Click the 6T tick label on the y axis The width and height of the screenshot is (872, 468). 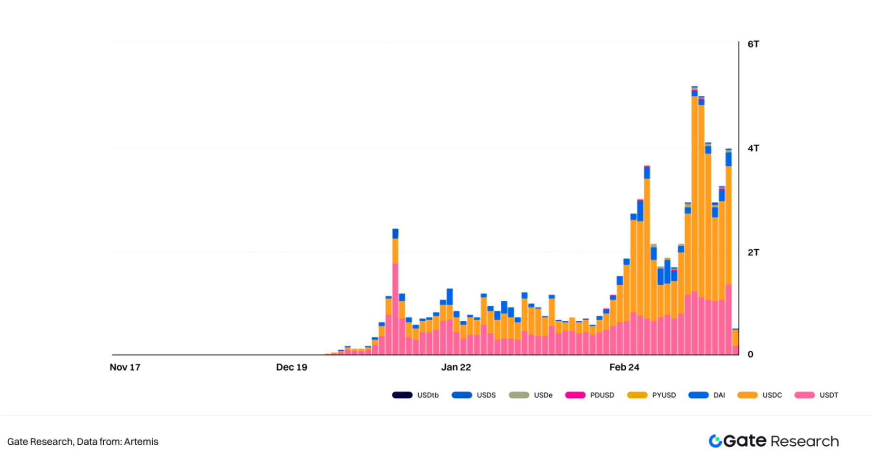point(753,44)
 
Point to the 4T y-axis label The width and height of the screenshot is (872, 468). point(753,148)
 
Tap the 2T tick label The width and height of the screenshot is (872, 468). point(753,252)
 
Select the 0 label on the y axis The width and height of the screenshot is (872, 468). point(750,354)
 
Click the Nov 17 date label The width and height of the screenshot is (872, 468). point(125,367)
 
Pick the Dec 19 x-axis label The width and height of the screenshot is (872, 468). point(291,367)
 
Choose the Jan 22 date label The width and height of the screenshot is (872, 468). point(456,367)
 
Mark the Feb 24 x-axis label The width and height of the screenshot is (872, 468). point(624,367)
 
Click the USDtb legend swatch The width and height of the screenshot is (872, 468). point(402,395)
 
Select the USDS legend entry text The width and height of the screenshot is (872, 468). point(486,395)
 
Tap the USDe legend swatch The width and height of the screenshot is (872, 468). point(518,395)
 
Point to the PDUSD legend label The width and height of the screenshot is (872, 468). point(602,395)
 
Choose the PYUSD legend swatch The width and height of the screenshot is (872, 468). point(637,395)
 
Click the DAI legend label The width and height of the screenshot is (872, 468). point(719,395)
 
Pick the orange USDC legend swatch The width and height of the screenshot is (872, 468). point(747,395)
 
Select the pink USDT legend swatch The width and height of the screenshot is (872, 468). point(804,395)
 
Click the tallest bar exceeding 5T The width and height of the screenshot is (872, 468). point(695,218)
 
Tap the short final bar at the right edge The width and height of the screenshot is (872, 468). point(735,342)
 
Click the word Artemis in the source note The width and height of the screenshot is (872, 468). point(141,442)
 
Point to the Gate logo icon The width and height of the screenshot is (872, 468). point(715,441)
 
